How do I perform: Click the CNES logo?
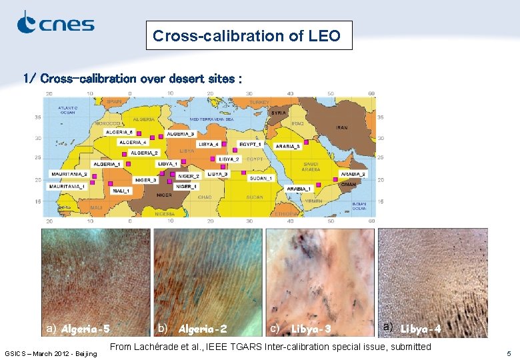[x=55, y=23]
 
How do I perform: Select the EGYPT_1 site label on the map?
[x=250, y=144]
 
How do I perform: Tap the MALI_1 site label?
[x=121, y=191]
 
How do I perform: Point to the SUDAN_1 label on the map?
[x=261, y=178]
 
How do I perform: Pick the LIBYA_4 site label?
[x=209, y=144]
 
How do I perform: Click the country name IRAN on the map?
[x=342, y=127]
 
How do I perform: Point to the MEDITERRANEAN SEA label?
[x=211, y=119]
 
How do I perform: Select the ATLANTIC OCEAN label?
[x=67, y=110]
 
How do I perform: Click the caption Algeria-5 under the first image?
[x=85, y=329]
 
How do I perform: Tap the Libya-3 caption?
[x=311, y=329]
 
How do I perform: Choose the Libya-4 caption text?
[x=421, y=329]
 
